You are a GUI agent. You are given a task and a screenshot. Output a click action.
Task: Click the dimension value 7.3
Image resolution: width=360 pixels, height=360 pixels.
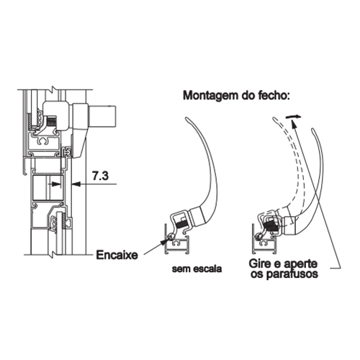(100, 176)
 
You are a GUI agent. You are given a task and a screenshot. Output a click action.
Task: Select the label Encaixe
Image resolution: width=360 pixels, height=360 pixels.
(117, 255)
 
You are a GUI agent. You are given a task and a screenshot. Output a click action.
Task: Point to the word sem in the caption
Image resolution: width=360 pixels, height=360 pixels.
(179, 269)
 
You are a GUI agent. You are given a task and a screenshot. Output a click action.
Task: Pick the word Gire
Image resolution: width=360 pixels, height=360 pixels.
(260, 264)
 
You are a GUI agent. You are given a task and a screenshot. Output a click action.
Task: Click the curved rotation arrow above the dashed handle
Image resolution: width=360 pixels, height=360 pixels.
(293, 117)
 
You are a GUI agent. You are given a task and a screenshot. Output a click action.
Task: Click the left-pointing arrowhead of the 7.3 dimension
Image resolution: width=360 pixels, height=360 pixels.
(76, 184)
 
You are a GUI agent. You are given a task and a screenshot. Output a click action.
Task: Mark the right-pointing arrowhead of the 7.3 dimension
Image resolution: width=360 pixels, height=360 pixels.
(56, 184)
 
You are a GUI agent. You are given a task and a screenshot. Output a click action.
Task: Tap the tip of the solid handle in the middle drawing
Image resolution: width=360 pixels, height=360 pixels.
(186, 117)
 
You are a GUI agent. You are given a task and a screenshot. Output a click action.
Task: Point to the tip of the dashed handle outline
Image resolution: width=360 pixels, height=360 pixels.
(274, 118)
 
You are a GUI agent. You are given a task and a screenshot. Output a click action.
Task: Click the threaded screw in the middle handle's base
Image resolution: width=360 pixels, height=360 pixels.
(184, 225)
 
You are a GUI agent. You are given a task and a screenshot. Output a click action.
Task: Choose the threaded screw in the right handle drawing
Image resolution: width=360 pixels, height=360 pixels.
(271, 226)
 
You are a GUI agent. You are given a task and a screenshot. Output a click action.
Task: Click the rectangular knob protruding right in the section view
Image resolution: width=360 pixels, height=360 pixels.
(102, 117)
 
